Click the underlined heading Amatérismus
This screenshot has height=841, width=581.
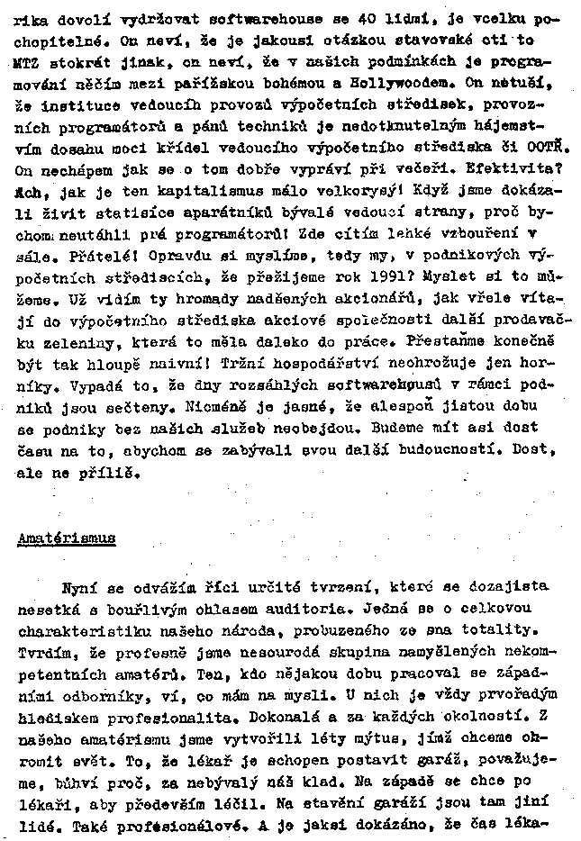pos(67,539)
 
